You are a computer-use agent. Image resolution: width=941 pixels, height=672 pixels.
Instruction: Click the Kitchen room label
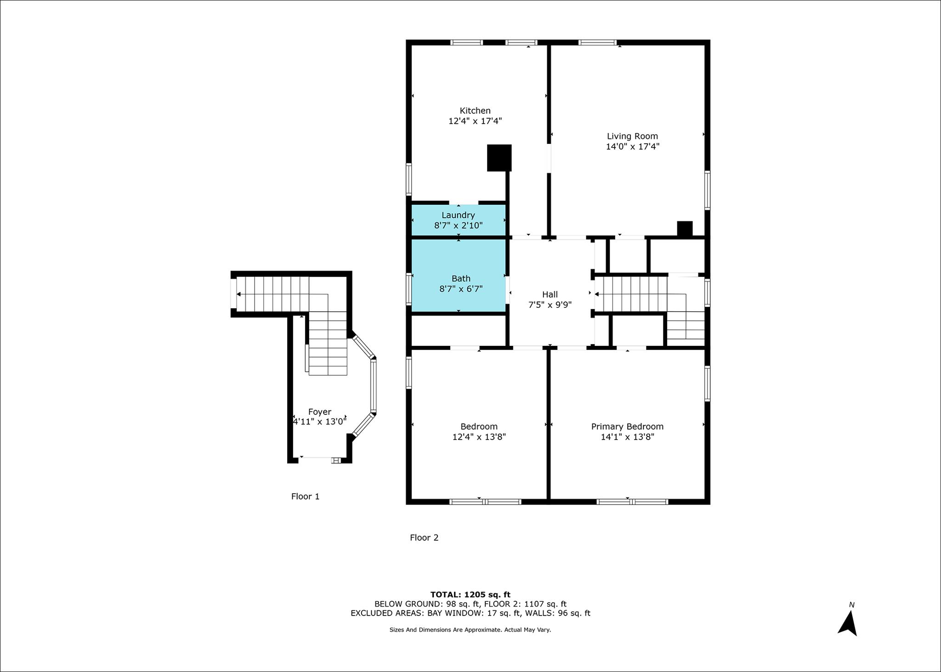click(475, 111)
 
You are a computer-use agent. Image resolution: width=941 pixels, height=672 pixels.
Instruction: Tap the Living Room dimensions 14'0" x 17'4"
click(633, 147)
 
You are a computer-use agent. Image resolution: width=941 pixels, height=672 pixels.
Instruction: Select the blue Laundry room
click(458, 220)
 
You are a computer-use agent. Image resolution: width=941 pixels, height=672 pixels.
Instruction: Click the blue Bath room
click(458, 276)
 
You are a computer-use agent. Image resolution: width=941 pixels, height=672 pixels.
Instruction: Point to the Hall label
click(550, 294)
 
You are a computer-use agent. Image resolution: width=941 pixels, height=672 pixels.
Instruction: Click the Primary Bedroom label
click(627, 427)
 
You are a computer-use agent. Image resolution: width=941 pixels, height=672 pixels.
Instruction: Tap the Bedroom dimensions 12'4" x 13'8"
click(479, 437)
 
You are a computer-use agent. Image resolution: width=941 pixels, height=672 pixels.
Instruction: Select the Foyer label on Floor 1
click(319, 412)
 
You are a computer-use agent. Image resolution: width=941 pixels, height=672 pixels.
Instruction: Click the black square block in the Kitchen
click(499, 158)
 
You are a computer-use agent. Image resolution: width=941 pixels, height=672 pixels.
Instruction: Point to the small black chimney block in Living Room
click(685, 229)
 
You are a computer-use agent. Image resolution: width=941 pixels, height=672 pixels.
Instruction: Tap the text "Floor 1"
click(305, 497)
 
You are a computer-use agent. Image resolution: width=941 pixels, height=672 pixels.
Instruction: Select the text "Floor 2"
click(424, 537)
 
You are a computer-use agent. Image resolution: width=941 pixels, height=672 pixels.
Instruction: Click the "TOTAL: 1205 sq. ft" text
click(470, 595)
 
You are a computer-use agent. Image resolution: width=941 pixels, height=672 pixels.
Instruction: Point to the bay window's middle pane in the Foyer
click(374, 385)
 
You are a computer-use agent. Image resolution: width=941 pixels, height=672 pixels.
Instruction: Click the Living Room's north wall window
click(597, 43)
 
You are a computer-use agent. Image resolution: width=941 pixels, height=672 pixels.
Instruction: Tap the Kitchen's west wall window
click(409, 179)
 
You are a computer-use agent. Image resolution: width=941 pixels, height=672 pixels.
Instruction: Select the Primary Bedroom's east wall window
click(708, 384)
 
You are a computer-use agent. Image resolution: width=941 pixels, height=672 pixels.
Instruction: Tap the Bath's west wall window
click(409, 289)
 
